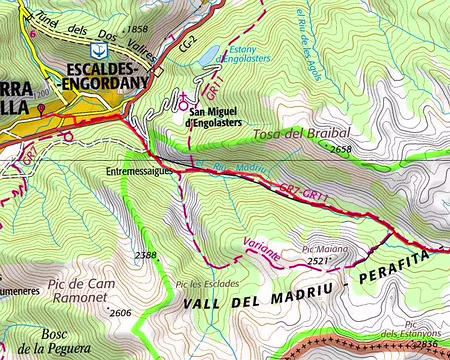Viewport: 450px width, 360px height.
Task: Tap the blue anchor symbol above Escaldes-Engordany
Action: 96,49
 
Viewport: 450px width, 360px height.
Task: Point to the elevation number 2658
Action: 341,149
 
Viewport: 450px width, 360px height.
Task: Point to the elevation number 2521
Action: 318,261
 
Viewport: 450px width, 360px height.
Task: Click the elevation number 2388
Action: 146,257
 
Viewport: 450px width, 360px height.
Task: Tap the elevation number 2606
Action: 120,313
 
